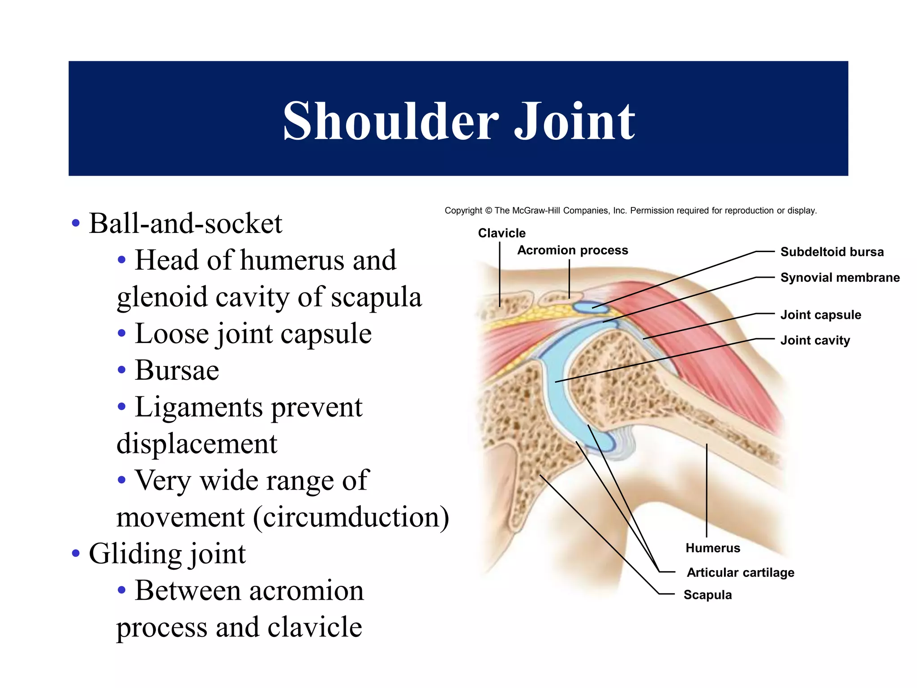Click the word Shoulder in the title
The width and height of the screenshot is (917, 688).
click(x=390, y=121)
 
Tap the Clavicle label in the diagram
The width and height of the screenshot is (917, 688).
click(x=501, y=233)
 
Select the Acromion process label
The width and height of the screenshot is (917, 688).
click(x=572, y=250)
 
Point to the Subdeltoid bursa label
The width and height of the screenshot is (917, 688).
click(x=832, y=252)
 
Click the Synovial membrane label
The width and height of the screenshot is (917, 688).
click(x=840, y=278)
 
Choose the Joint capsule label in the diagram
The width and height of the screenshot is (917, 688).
click(x=820, y=315)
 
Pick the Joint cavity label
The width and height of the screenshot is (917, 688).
click(x=815, y=340)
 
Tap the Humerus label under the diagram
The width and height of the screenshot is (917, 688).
click(x=713, y=548)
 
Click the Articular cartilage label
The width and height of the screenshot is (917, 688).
click(x=741, y=572)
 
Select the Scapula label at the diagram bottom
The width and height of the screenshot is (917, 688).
click(x=707, y=595)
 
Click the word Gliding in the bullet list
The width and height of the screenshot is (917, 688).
click(x=135, y=554)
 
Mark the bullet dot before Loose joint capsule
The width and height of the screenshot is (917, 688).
click(x=121, y=334)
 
